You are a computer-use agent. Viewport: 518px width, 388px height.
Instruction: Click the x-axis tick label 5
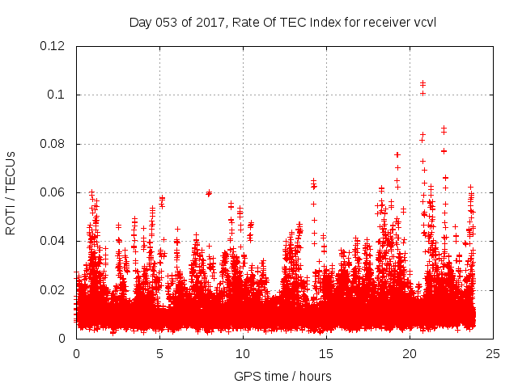(x=159, y=354)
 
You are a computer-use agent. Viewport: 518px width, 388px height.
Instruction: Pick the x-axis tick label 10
(x=243, y=354)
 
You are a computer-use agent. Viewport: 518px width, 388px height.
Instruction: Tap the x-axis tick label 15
(x=326, y=354)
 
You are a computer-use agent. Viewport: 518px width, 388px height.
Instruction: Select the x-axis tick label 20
(x=410, y=354)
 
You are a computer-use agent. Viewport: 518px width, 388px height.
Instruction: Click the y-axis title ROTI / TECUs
(x=11, y=192)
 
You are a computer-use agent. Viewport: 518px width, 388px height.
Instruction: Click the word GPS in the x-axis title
(x=247, y=376)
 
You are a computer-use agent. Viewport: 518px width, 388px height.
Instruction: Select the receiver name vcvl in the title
(x=425, y=22)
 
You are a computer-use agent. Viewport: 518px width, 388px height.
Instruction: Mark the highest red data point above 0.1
(x=422, y=82)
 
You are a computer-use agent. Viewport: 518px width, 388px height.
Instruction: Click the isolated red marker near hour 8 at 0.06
(x=209, y=192)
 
